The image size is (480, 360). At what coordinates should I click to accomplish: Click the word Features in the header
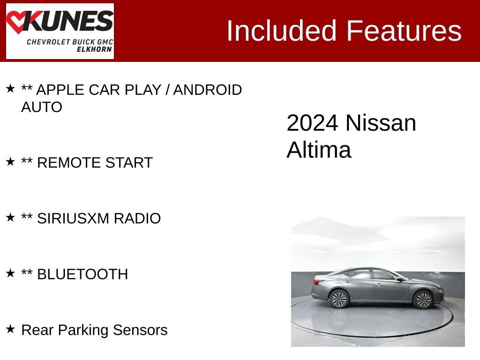404,31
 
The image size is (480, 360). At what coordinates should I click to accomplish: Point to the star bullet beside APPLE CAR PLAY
10,89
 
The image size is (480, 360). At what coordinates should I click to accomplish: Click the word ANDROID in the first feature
208,90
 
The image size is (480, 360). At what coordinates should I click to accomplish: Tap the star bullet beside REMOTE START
10,162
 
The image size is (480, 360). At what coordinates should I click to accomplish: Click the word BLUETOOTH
82,274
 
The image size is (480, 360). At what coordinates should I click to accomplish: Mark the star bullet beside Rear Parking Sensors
10,329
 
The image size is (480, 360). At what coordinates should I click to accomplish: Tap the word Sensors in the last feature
143,330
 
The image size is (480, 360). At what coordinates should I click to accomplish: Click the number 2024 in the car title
312,123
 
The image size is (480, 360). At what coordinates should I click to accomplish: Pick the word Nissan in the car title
381,123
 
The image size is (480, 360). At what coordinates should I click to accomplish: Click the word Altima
319,150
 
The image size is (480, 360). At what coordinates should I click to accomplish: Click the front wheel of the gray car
423,299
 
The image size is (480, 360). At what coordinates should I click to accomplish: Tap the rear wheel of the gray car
339,299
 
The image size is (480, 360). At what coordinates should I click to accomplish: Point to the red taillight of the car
319,281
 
